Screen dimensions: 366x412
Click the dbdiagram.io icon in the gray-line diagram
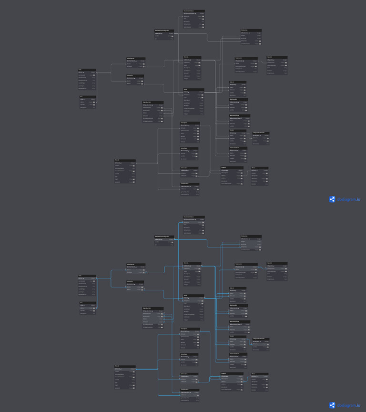point(332,199)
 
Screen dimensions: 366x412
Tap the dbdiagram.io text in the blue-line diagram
point(349,405)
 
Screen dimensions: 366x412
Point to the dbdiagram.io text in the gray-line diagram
point(349,199)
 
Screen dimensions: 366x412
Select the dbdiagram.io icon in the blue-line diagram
point(332,405)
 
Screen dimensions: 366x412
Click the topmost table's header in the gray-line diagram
point(194,10)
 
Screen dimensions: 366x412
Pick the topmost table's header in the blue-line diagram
point(194,216)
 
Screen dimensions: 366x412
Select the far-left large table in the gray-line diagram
point(87,79)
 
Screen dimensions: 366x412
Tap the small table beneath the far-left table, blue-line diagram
point(88,308)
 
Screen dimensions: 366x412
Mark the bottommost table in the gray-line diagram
point(190,189)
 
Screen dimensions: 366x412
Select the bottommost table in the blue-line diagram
point(190,395)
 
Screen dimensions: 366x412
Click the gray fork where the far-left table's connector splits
point(111,72)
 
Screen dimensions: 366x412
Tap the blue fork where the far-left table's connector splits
point(111,278)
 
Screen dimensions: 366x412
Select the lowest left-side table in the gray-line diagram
point(125,171)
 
